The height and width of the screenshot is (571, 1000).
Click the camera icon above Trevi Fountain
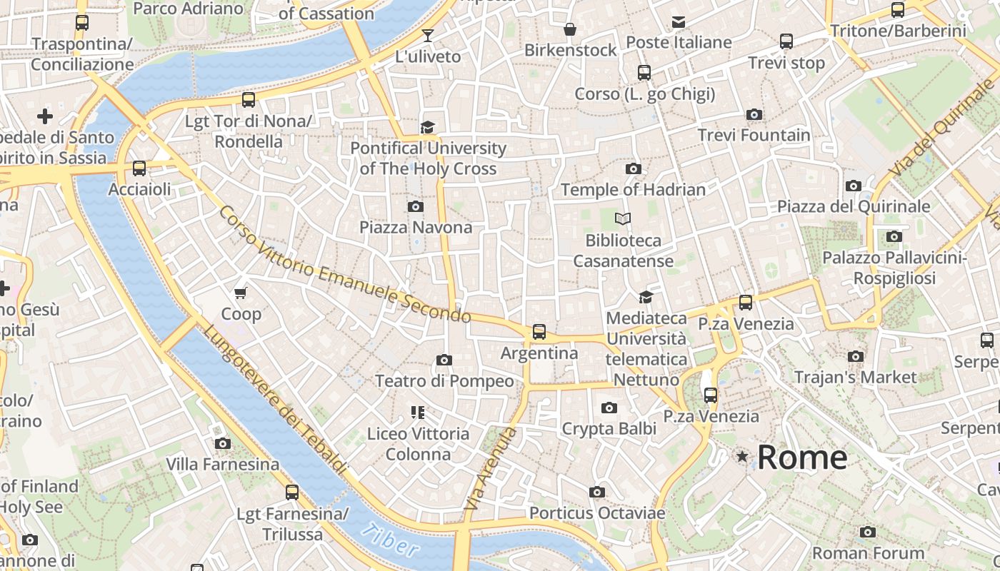click(x=754, y=114)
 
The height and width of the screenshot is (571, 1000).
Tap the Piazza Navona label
click(x=416, y=228)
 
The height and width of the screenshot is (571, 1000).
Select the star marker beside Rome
click(x=743, y=456)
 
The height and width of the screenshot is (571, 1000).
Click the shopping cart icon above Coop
click(x=241, y=293)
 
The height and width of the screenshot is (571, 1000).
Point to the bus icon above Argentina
click(x=539, y=332)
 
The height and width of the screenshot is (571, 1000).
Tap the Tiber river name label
click(x=390, y=540)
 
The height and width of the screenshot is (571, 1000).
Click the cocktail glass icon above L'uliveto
click(x=428, y=35)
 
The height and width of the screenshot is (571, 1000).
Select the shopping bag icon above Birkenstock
click(x=570, y=29)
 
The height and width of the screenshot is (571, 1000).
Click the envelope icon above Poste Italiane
click(x=679, y=22)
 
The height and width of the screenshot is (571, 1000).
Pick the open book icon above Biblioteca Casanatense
click(x=624, y=219)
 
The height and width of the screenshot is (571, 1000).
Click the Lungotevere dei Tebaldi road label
click(x=274, y=400)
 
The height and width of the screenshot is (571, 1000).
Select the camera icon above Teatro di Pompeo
click(x=444, y=360)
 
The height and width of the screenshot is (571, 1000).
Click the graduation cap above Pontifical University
click(x=427, y=127)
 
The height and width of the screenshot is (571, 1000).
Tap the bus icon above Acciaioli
click(x=139, y=168)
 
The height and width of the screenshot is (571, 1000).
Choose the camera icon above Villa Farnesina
click(x=223, y=443)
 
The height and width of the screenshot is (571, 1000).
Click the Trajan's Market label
click(x=855, y=377)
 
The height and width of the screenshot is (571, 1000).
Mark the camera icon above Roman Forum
click(x=868, y=532)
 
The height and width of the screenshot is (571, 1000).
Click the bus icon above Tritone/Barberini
click(x=898, y=10)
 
